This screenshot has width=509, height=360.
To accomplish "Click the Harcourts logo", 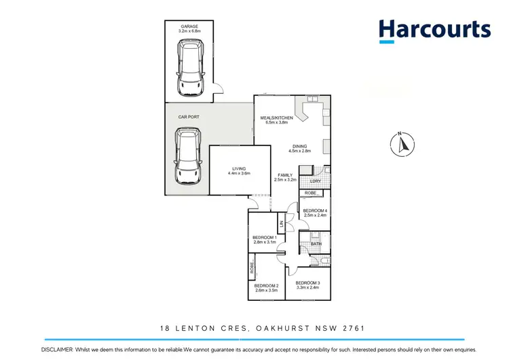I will (434, 31).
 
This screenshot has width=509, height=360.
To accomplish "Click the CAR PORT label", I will (188, 117).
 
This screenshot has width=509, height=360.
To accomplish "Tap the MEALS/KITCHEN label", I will (277, 119).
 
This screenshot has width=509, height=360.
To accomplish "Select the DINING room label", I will (300, 146).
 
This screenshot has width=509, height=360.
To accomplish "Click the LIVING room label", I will (239, 168).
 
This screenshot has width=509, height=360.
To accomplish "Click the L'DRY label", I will (315, 181).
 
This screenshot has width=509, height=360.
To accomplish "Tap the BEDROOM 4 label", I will (316, 211).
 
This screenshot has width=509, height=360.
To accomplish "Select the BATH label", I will (316, 242).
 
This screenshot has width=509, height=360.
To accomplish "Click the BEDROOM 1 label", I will (265, 237).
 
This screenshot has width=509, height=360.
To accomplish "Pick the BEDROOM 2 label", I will (267, 285).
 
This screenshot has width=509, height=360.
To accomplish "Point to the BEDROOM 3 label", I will (308, 283).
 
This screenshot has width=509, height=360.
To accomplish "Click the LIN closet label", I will (280, 223).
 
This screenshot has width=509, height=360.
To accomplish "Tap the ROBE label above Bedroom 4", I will (310, 193).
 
